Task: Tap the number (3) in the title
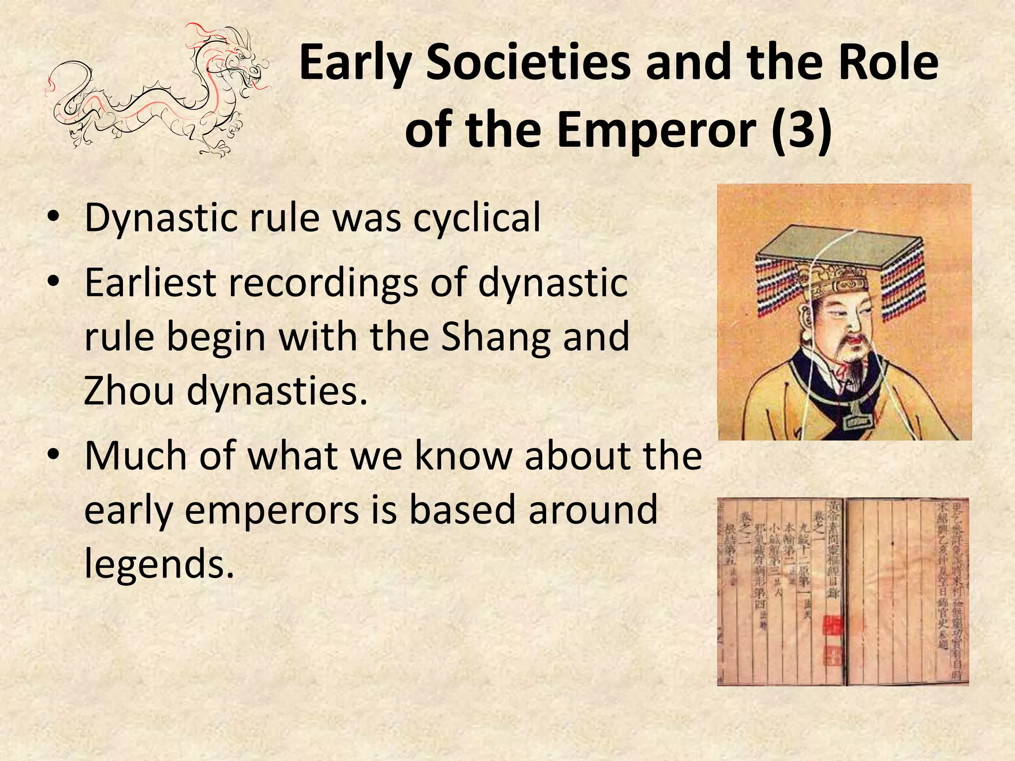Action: point(801,130)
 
